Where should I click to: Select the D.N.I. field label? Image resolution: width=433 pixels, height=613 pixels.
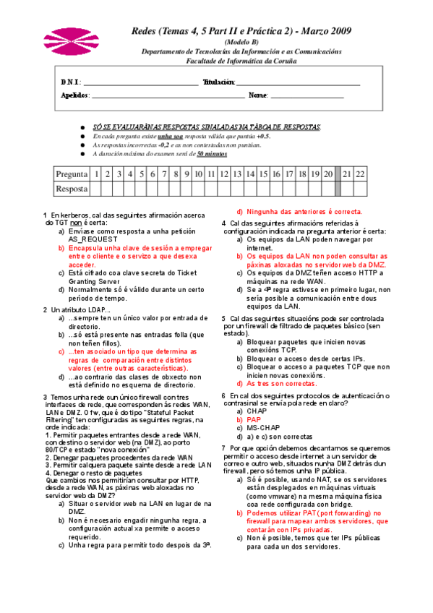pos(71,82)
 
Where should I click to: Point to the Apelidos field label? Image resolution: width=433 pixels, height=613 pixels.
pos(74,95)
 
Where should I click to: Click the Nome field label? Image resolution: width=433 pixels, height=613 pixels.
pos(258,95)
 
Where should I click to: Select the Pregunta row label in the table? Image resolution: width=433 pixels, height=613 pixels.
pos(72,174)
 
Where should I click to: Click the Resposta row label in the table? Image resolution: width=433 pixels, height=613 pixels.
pos(72,189)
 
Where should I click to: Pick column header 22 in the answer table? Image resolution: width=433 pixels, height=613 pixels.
pos(360,174)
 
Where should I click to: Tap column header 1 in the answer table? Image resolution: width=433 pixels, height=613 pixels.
pos(96,174)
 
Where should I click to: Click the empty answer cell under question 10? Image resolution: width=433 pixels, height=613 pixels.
pos(198,189)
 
